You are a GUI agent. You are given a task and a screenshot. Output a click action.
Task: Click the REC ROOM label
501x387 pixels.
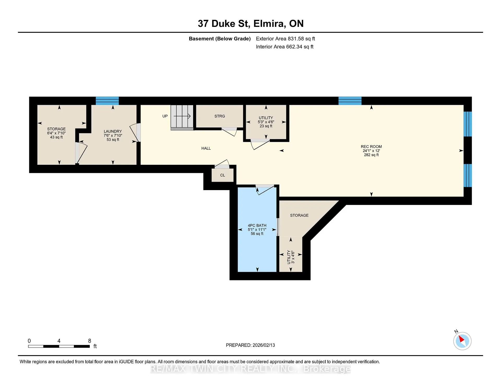coord(371,147)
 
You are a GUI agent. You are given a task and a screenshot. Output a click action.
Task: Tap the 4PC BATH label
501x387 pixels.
coord(257,226)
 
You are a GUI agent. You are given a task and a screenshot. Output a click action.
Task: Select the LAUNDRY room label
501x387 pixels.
coord(113,131)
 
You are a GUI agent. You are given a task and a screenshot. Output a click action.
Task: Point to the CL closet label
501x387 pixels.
coord(223,175)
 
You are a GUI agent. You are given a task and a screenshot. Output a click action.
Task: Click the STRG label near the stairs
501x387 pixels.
coord(220,116)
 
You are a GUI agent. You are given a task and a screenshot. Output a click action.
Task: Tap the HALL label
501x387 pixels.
coord(206,148)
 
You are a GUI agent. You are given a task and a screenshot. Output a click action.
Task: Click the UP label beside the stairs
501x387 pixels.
coord(165,116)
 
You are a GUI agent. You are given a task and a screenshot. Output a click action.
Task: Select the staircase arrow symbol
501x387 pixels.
coord(182,116)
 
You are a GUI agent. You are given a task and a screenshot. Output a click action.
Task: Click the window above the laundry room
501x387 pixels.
coord(107,101)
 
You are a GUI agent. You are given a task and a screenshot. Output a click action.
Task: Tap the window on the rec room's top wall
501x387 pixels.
coord(350,101)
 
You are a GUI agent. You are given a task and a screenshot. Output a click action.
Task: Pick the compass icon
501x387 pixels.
coord(462,341)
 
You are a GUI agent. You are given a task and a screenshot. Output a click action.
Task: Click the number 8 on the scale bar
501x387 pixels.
coord(90,341)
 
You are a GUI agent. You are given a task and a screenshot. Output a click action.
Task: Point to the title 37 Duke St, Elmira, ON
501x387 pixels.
coord(251,24)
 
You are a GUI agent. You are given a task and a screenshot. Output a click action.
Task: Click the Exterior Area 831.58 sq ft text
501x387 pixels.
coord(285,39)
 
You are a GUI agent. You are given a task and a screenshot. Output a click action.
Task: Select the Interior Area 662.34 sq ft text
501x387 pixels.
coord(285,47)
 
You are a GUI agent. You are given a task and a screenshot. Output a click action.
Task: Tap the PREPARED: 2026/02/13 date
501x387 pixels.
coord(250,345)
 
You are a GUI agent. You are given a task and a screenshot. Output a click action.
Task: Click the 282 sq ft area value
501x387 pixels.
coord(371,155)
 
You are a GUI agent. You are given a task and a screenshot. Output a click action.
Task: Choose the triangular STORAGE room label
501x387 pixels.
coord(299,215)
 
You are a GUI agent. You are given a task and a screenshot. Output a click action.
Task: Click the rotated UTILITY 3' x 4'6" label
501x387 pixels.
coord(291,257)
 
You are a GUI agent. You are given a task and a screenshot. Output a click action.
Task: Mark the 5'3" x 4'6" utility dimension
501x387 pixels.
coord(266,122)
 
